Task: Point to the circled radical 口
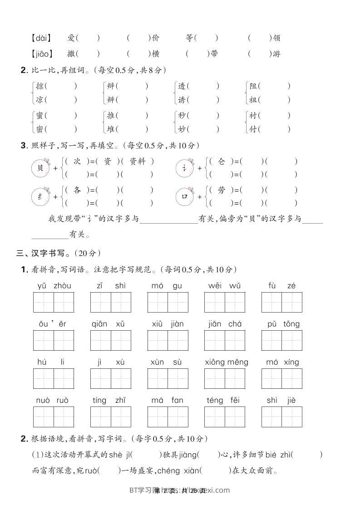(185, 197)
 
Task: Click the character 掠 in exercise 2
(40, 86)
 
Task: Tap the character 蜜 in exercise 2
(40, 116)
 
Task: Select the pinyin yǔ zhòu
(54, 286)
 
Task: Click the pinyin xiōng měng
(226, 362)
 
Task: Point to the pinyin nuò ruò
(52, 400)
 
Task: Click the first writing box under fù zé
(271, 303)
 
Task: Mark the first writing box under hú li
(44, 379)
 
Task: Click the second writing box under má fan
(178, 417)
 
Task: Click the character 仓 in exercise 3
(222, 162)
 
